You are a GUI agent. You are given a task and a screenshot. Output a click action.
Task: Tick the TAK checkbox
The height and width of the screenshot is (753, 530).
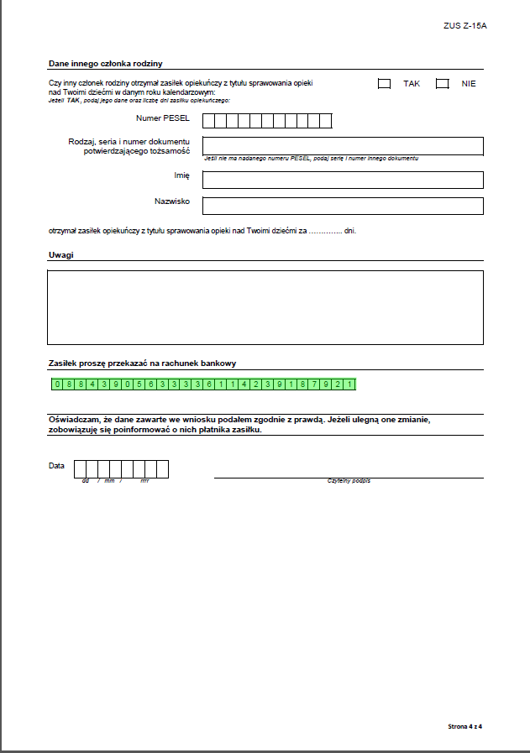[385, 83]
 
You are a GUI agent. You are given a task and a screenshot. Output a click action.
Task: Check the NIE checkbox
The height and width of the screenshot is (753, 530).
[443, 83]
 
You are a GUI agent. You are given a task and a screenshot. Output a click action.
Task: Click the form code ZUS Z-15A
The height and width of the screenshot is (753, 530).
[464, 25]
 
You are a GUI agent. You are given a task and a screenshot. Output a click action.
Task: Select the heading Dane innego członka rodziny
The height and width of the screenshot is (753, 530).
[105, 63]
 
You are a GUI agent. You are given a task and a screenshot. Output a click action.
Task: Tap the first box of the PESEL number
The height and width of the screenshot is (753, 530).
[208, 121]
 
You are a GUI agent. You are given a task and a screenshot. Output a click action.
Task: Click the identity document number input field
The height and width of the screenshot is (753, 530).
[343, 145]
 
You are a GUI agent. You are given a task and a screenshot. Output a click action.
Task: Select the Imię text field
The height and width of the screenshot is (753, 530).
[343, 180]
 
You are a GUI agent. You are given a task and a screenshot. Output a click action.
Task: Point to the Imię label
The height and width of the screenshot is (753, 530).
[181, 175]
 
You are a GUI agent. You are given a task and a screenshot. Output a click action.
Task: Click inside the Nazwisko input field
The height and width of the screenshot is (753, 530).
[343, 206]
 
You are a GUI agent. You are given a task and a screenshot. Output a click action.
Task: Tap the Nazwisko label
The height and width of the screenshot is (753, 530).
[171, 201]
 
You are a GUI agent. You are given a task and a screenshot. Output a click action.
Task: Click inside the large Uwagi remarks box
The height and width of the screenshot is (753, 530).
[265, 304]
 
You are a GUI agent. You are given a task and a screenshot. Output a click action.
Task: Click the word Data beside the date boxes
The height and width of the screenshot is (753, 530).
[56, 465]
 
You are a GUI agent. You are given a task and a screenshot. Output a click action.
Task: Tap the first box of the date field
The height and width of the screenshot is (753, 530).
[80, 468]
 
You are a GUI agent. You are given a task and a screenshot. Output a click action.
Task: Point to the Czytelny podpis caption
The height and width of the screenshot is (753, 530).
[349, 480]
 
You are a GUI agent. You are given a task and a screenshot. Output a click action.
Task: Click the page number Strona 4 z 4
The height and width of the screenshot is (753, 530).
[464, 725]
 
